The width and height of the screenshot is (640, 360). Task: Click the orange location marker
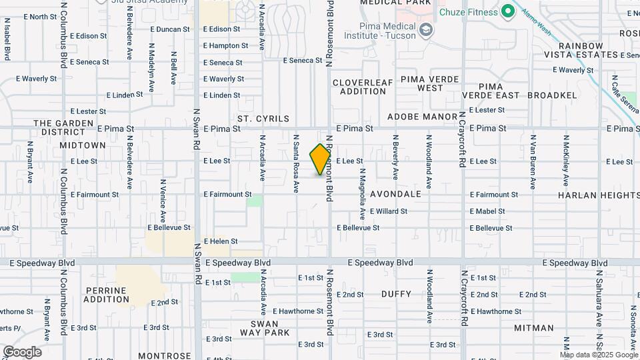pos(320,160)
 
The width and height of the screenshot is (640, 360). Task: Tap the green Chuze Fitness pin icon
pos(507,11)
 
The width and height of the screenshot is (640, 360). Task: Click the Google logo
pos(22,352)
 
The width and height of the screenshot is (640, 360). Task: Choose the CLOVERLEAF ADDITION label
pos(363,87)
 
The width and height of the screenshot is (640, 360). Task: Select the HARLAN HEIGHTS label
pos(599,195)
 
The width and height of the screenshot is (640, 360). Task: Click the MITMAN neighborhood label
pos(534,328)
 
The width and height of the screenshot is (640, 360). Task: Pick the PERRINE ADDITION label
pos(107,295)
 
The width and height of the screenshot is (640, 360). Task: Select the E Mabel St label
pos(487,211)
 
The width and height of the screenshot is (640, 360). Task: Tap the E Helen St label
pos(221,241)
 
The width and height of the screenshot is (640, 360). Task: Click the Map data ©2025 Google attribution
pos(599,355)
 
